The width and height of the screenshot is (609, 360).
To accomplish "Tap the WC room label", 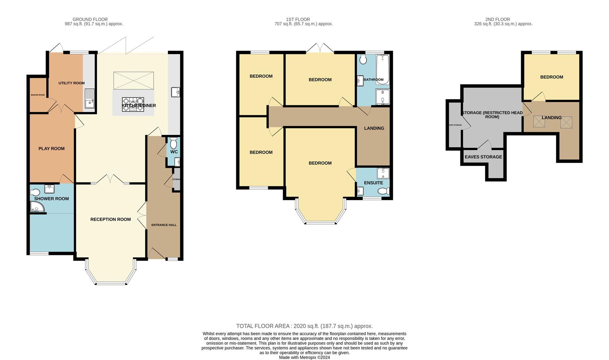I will coord(174,152).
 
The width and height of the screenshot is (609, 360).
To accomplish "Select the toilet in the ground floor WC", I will coord(174,144).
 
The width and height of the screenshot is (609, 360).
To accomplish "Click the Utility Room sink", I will coord(90,98).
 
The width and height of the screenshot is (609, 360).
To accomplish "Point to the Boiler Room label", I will coord(38,95).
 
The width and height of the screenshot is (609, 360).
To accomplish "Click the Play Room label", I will coord(51,149).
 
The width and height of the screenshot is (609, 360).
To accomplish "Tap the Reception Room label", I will coord(110,219).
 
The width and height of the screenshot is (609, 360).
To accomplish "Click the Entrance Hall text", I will coord(164,225).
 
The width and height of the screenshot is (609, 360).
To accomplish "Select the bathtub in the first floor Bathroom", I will coord(382,69).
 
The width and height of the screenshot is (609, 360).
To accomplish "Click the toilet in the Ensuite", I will coord(384,191).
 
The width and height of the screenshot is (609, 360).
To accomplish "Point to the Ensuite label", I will coord(373,183).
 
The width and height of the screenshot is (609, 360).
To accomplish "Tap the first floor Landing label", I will coord(374,128).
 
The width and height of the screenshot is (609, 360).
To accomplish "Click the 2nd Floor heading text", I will coord(497,19).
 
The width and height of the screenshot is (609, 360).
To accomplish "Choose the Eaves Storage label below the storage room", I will coord(483,157).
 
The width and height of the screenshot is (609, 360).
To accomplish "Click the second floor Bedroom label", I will coord(551,77).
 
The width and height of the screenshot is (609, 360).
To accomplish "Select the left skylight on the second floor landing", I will coord(539,121).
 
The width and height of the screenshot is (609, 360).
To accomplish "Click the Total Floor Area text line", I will coord(304,326).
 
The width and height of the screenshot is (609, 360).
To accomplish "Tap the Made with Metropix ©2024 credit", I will coord(304,357).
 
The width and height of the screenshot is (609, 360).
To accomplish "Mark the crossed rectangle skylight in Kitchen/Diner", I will coord(134,80).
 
